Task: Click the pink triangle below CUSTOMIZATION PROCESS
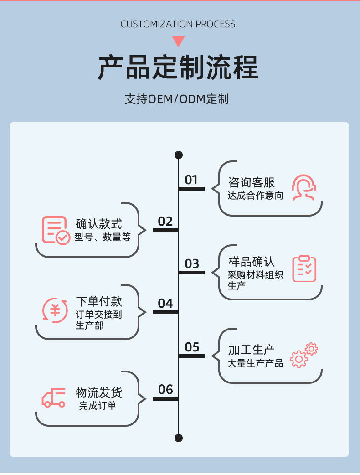pos(178,41)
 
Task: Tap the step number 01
pos(191,180)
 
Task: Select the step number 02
pos(165,222)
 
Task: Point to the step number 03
pos(192,264)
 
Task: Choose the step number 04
pos(165,304)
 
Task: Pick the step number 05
pos(192,347)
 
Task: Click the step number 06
pos(165,390)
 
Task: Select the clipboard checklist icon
pos(304,268)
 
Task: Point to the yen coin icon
pos(55,310)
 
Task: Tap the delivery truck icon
pos(54,398)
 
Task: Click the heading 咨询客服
pos(252,183)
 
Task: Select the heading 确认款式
pos(99,224)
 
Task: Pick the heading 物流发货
pos(99,392)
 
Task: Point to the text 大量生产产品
pos(255,364)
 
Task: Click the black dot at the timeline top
pos(179,155)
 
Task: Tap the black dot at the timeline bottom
pos(179,438)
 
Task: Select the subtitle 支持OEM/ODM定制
pos(176,99)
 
